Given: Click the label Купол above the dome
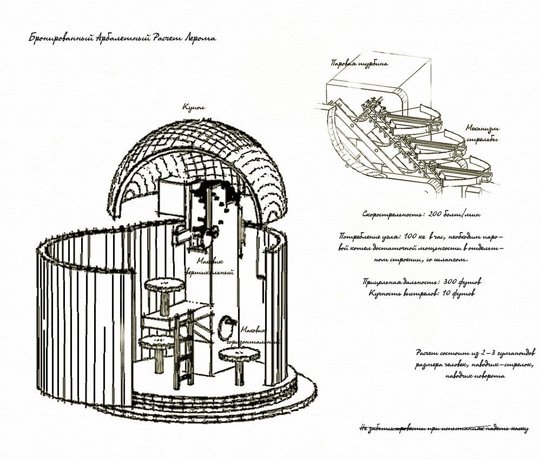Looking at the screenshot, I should [193, 107].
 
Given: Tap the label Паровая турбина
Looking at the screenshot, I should [359, 64].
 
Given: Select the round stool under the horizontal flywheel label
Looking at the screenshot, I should [238, 356].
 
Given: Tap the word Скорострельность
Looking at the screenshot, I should [393, 214].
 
